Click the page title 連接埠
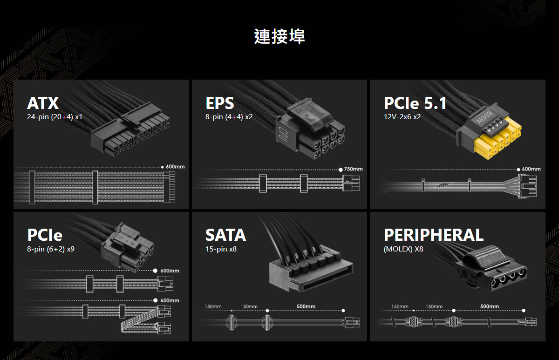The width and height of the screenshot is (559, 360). click(279, 36)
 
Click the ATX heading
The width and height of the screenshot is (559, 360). click(43, 103)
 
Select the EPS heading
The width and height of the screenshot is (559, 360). click(220, 103)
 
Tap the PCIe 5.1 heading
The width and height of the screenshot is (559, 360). click(415, 103)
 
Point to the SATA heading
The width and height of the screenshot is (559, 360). click(225, 235)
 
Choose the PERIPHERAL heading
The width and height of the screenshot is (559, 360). click(433, 235)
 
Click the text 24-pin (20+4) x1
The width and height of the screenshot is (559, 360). click(55, 116)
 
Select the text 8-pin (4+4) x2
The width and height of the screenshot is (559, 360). click(229, 116)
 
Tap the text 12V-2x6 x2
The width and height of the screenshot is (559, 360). click(402, 116)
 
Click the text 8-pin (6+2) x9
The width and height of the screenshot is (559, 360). click(51, 249)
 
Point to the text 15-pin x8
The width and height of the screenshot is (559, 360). click(221, 249)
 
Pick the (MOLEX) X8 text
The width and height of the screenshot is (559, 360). click(403, 249)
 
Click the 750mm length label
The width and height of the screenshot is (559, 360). click(353, 169)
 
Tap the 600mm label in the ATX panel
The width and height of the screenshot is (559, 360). click(175, 167)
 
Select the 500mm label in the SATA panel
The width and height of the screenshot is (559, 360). click(306, 306)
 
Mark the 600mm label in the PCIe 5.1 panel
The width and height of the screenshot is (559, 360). click(531, 169)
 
